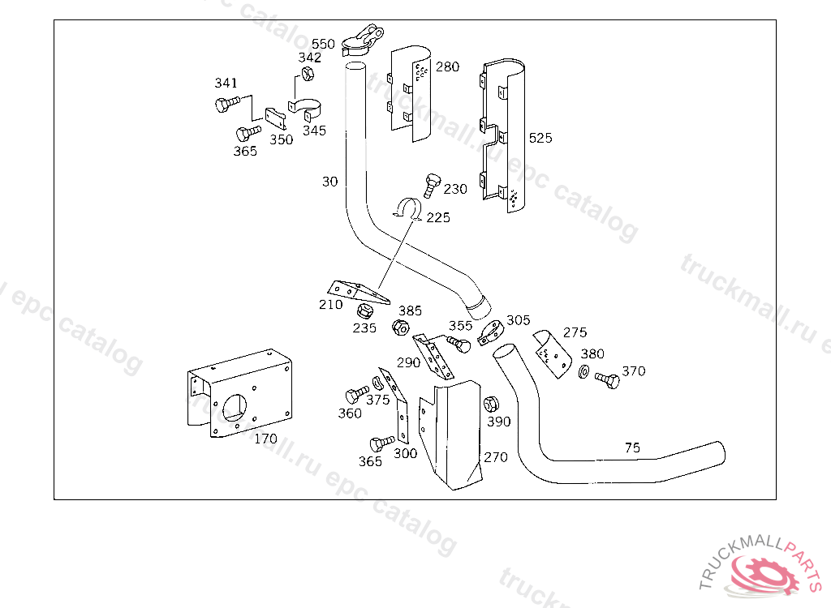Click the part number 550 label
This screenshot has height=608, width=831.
click(323, 44)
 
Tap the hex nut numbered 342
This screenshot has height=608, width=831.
click(307, 74)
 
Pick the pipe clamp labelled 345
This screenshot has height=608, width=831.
click(306, 109)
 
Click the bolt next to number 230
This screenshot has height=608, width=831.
click(432, 185)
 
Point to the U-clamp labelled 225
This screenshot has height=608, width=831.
click(407, 209)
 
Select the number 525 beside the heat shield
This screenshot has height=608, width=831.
click(540, 139)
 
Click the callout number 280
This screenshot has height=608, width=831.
click(447, 66)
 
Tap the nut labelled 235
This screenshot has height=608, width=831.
click(364, 310)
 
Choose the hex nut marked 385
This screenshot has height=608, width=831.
click(401, 328)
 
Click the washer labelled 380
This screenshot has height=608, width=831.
click(583, 372)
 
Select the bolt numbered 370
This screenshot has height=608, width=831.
click(607, 379)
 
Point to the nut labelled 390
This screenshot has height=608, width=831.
click(491, 405)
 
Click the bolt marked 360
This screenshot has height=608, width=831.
click(357, 395)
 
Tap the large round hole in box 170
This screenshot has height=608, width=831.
click(235, 409)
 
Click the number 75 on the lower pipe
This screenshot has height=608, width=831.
click(632, 448)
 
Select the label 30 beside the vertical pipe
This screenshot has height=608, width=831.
click(329, 182)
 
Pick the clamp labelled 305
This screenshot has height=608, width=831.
click(490, 332)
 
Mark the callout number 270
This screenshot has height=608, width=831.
click(496, 457)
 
